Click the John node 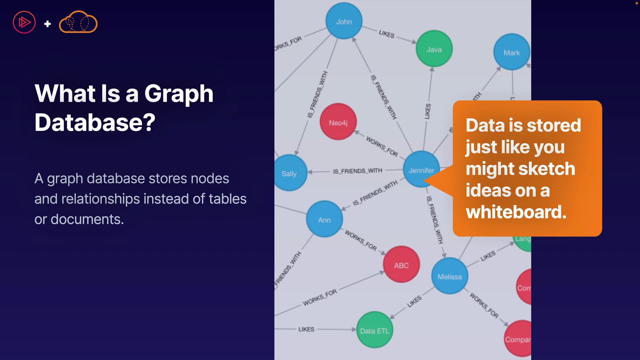coord(344,21)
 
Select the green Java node coord(434,49)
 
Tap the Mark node coord(512,52)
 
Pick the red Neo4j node coord(338,122)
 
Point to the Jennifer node coord(421,169)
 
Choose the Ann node coord(324,219)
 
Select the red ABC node coord(401,265)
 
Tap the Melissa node coord(449,276)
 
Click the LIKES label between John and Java coord(387,34)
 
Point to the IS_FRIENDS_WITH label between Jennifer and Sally coord(357,171)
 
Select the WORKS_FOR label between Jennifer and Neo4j coord(382,146)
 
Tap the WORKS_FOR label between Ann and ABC coord(361,240)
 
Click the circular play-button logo coord(24,22)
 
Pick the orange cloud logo coord(78,22)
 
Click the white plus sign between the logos coord(47,24)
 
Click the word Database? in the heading coord(95,122)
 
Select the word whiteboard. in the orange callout coord(516,212)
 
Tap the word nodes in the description coord(210,179)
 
